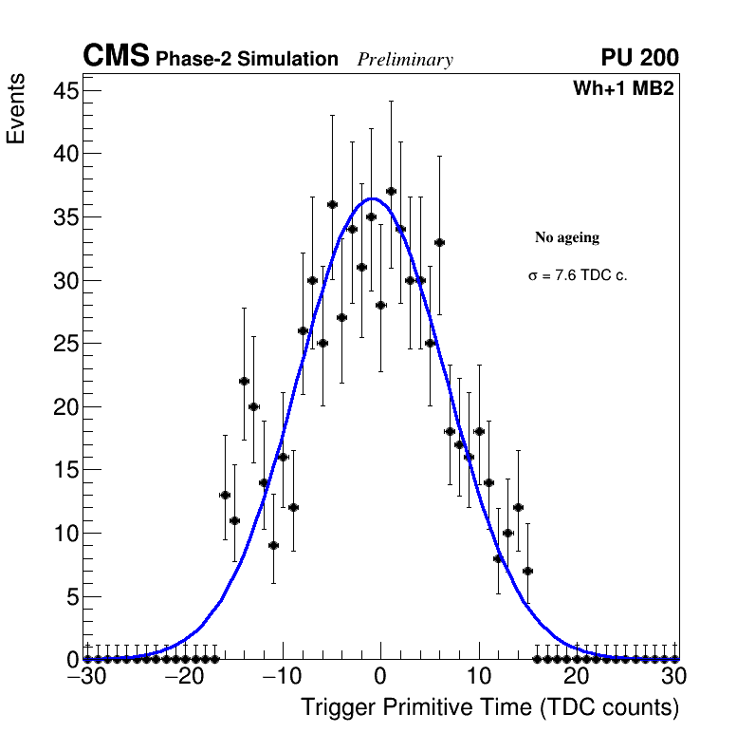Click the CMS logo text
116,57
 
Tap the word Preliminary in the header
405,60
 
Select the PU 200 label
639,58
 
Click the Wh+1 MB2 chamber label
623,89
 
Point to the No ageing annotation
567,237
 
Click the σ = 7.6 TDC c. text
578,276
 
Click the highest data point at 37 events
391,191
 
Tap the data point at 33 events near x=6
439,242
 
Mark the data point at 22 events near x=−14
244,381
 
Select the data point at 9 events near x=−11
273,545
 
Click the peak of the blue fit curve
373,198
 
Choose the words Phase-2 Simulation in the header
247,60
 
